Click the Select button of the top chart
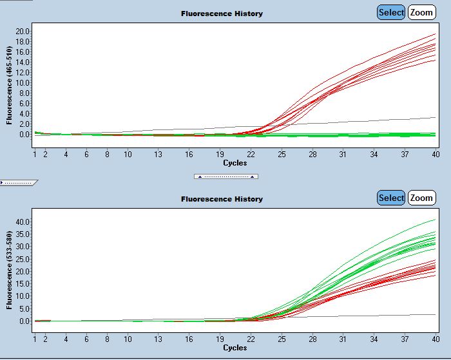tap(391, 12)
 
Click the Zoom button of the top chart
tap(421, 12)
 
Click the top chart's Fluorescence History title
tap(222, 14)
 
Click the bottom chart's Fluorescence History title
tap(222, 199)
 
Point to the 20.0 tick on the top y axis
tap(23, 31)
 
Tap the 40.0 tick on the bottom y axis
tap(23, 222)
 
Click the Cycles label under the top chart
tap(235, 163)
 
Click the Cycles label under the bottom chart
tap(235, 348)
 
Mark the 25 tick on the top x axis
tap(282, 155)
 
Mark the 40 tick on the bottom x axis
tap(436, 339)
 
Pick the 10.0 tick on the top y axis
tap(23, 82)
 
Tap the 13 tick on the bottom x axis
tap(158, 339)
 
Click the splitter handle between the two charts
tap(225, 176)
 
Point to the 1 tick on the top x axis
tap(35, 155)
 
